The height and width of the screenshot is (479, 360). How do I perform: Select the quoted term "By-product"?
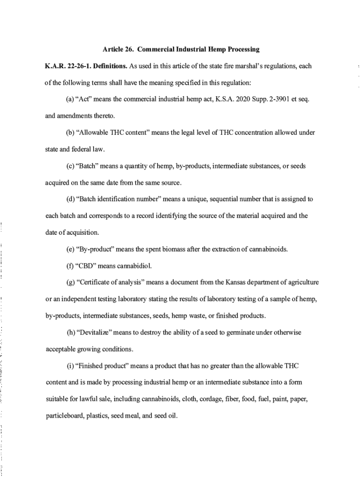pyautogui.click(x=93, y=249)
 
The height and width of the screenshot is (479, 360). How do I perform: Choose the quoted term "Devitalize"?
pyautogui.click(x=94, y=333)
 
